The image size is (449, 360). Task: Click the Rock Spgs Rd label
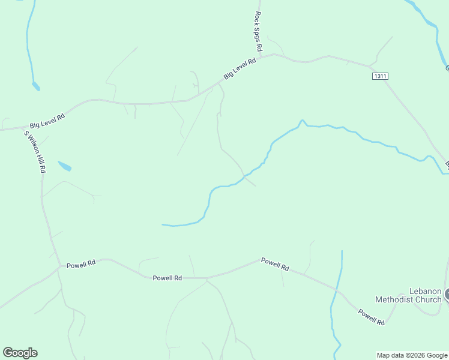(258, 31)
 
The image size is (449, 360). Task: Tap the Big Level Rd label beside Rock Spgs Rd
(240, 68)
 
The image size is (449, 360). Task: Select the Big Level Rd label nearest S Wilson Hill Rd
(47, 120)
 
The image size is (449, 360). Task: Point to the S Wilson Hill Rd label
(35, 152)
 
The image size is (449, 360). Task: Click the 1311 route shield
(379, 76)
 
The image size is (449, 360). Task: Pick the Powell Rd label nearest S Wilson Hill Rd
(81, 264)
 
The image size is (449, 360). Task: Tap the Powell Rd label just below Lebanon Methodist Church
(372, 317)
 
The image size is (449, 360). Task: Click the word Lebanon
(426, 291)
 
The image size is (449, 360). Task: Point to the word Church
(430, 299)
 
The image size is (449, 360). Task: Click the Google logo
(20, 353)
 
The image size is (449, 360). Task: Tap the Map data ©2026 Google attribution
(412, 355)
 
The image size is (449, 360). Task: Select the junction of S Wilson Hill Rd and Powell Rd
(59, 266)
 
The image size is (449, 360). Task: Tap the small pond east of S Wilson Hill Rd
(64, 166)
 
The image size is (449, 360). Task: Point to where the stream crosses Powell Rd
(336, 290)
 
